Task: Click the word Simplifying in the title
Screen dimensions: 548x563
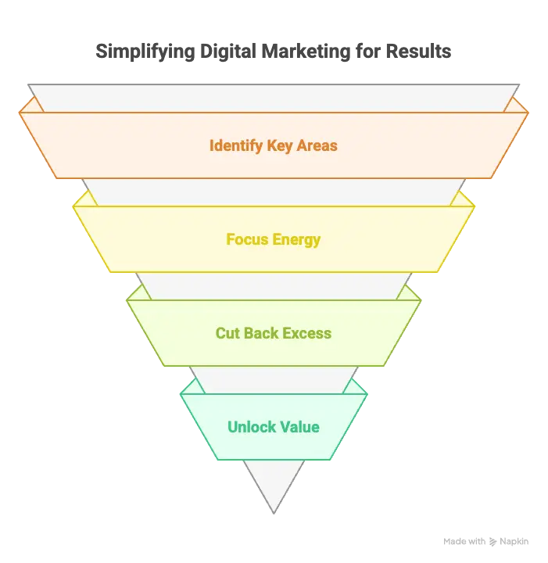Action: pos(145,52)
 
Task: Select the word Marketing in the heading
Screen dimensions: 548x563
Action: pos(306,52)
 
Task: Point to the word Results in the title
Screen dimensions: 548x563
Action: pos(418,51)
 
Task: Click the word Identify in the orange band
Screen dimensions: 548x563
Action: pos(236,146)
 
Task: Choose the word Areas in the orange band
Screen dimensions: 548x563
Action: pos(317,145)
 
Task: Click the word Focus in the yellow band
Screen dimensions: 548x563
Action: pos(247,239)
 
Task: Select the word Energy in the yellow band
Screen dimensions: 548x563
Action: pos(296,240)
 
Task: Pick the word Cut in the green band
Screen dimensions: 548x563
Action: pos(227,333)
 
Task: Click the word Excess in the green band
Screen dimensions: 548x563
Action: pos(307,333)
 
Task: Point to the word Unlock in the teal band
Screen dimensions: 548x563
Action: pos(252,427)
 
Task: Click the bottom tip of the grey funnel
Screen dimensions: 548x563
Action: pos(274,514)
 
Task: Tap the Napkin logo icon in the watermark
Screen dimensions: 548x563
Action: pos(492,542)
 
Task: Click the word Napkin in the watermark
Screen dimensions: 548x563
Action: pos(514,542)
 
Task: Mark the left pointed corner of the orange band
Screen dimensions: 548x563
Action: pos(20,113)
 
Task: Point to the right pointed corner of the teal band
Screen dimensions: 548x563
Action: pos(367,394)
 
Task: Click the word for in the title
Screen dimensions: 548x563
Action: pos(368,51)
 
